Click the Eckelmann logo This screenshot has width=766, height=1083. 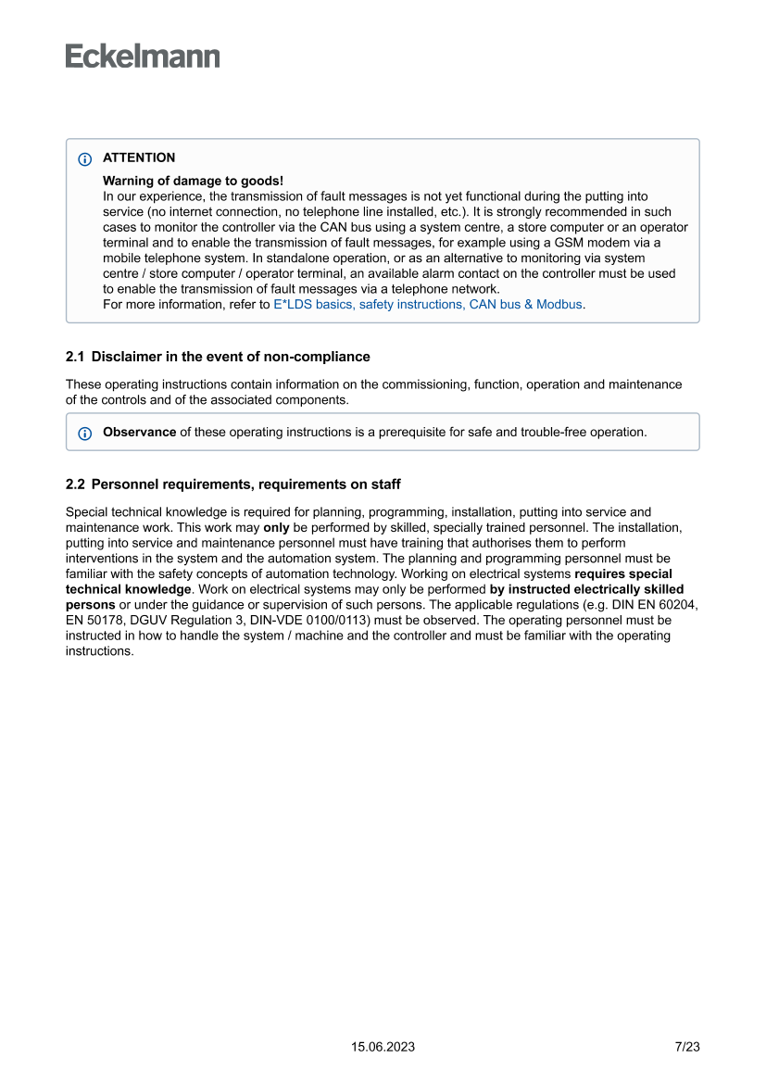pos(143,57)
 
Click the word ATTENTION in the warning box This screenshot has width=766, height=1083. pos(139,157)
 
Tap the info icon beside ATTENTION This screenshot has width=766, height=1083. pos(85,158)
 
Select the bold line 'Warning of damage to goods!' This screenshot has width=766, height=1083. pos(193,181)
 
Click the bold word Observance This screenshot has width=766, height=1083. pos(139,432)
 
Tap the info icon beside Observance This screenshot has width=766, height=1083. pos(85,433)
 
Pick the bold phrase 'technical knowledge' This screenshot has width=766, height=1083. pos(128,589)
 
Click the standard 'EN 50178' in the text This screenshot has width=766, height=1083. pos(93,620)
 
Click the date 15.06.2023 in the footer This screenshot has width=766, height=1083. pos(383,1047)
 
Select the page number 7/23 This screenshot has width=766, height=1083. pos(686,1047)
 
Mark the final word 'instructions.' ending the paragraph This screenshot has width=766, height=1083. pos(100,651)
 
